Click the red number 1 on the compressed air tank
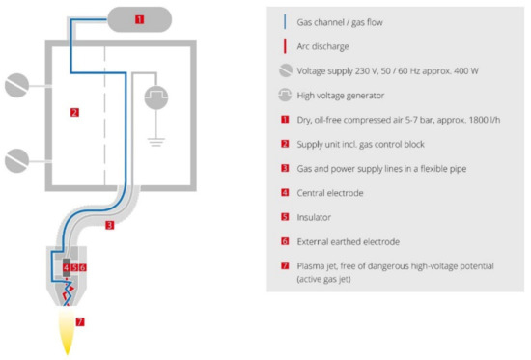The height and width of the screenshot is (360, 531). point(140,19)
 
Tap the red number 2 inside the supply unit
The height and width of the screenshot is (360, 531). point(74,112)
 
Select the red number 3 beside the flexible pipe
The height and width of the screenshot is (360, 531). point(109,225)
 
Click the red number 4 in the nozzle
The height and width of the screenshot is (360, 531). point(67,267)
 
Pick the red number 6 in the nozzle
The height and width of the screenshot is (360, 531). point(82,267)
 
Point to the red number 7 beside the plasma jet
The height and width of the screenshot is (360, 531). point(80,321)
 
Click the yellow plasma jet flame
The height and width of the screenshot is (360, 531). point(67,330)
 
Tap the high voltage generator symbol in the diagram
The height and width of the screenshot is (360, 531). point(156,97)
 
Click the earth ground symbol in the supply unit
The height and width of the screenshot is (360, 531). point(156,142)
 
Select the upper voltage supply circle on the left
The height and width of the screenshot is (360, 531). point(16,85)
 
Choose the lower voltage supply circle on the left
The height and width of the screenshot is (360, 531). point(16,160)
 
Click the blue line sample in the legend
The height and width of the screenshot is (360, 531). point(285,22)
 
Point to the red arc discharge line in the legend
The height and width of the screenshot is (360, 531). point(285,46)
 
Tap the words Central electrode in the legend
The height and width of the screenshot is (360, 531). point(330,193)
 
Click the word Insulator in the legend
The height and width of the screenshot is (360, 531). point(314,217)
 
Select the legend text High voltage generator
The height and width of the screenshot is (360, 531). point(341,96)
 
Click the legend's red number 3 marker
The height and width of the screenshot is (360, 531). point(285,168)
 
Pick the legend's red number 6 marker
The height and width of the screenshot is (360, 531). point(285,241)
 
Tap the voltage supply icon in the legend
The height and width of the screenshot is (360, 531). point(286,70)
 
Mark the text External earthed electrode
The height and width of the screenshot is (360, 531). point(349,242)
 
